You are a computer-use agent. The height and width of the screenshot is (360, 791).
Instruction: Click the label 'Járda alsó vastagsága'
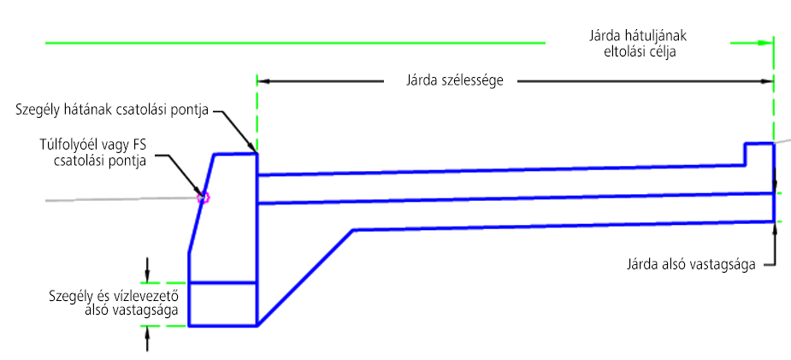click(691, 263)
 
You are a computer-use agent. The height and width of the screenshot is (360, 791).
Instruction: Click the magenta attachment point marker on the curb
click(204, 198)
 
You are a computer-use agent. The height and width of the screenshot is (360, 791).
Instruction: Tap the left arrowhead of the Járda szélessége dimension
click(263, 82)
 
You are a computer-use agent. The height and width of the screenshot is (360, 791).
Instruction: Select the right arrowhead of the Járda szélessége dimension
click(767, 82)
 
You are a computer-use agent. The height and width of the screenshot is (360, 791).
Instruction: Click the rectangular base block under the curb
click(222, 304)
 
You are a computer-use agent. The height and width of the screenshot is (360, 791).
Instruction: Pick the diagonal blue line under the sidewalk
click(305, 278)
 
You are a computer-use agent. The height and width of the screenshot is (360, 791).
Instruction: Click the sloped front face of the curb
click(201, 205)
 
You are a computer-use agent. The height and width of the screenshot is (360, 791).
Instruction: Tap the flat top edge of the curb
click(235, 154)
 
